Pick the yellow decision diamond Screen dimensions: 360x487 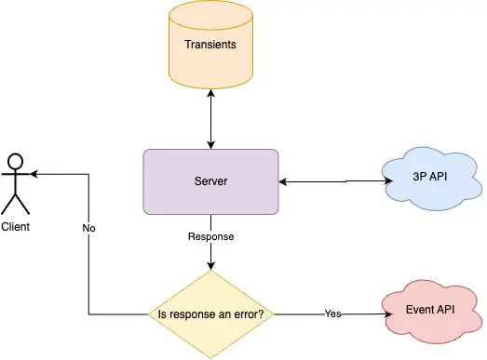click(211, 314)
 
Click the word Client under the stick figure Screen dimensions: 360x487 click(16, 226)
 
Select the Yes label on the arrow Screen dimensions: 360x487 click(332, 314)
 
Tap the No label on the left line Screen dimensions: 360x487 click(88, 227)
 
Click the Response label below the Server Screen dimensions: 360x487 click(211, 236)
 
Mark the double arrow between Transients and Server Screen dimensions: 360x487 click(211, 120)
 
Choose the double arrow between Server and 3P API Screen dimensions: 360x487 click(331, 180)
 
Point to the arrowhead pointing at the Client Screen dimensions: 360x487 click(34, 174)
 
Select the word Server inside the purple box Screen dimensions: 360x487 click(210, 180)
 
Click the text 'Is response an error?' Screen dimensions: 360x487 click(211, 314)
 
